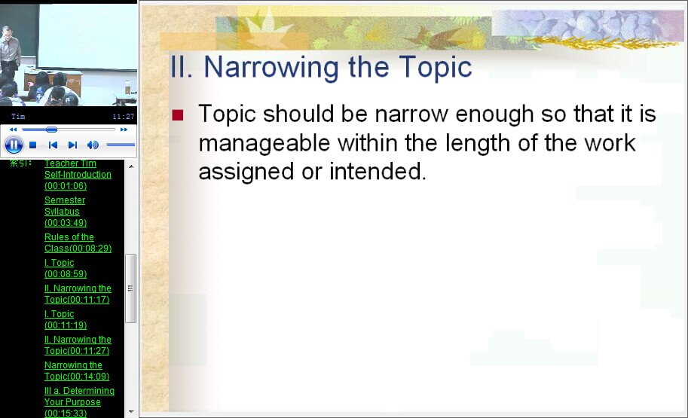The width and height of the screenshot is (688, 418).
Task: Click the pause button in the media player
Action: [x=14, y=145]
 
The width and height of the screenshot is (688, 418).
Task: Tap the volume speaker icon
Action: [x=93, y=145]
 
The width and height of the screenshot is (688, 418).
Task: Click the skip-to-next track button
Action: [x=72, y=145]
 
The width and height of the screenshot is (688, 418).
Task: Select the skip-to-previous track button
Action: [x=53, y=145]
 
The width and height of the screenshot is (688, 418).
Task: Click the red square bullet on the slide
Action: [x=178, y=115]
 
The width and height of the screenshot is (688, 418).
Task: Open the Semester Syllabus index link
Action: [x=66, y=212]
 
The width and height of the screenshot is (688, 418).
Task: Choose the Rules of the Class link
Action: [x=78, y=243]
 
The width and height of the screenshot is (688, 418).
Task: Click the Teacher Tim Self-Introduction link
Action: [x=78, y=175]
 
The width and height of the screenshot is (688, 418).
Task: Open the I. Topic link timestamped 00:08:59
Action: [x=66, y=268]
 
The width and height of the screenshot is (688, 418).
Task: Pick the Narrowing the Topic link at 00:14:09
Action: [x=77, y=371]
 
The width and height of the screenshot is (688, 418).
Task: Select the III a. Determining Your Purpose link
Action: [x=79, y=401]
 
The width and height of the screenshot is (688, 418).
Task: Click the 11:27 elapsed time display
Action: [x=124, y=116]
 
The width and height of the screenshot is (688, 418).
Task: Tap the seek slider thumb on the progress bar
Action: [x=51, y=130]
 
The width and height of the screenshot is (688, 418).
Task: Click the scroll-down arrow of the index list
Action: [x=131, y=412]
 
